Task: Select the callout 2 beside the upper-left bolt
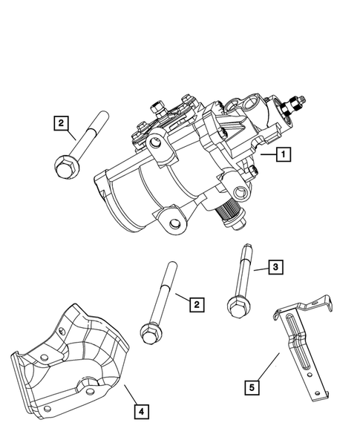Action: pyautogui.click(x=62, y=123)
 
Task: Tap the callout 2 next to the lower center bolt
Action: pyautogui.click(x=196, y=304)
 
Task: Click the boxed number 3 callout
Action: pyautogui.click(x=275, y=267)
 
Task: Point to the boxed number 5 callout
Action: pyautogui.click(x=253, y=385)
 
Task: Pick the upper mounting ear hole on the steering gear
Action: pyautogui.click(x=157, y=142)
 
